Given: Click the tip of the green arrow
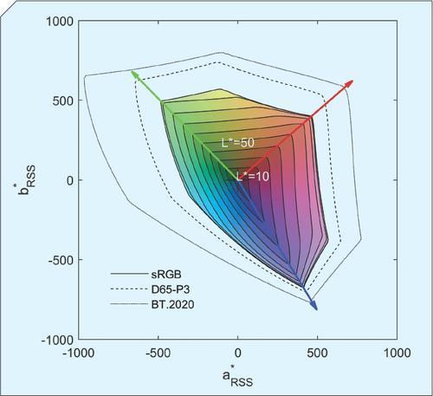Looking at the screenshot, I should pyautogui.click(x=132, y=71).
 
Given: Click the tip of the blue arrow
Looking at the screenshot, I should pyautogui.click(x=315, y=308).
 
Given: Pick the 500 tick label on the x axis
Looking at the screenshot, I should pyautogui.click(x=318, y=354).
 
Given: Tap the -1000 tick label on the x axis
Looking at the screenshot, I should pyautogui.click(x=79, y=354).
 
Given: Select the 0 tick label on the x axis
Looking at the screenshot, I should pyautogui.click(x=238, y=354).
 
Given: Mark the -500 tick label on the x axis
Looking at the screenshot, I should pyautogui.click(x=158, y=354).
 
